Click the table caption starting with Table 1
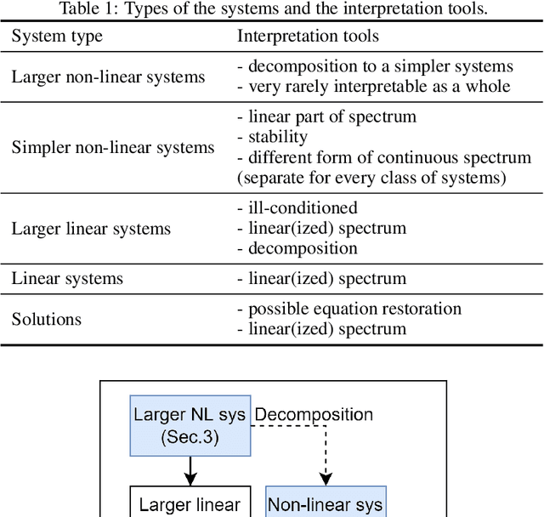point(272,10)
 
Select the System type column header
point(57,37)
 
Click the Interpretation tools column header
point(308,37)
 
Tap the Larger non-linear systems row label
point(108,77)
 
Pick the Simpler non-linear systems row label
point(113,148)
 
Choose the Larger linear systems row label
point(91,229)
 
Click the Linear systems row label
point(67,278)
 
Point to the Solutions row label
point(47,319)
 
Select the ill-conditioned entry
point(297,208)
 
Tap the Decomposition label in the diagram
point(314,415)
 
